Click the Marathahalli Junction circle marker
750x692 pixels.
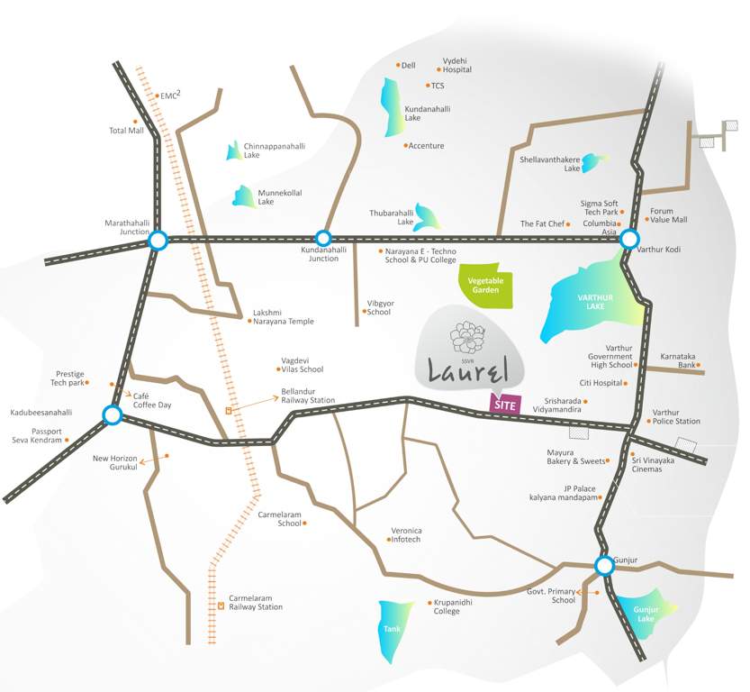tap(158, 240)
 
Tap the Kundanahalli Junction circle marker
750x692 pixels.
tap(324, 239)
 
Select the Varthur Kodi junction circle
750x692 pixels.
tap(630, 239)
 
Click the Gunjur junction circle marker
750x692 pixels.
tap(604, 565)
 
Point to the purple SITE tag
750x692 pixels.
tap(504, 405)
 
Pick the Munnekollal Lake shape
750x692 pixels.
tap(244, 196)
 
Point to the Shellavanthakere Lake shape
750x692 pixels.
tap(594, 163)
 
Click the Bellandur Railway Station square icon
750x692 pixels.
tap(229, 410)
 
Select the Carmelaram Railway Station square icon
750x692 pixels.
tap(221, 604)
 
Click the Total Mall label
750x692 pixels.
tap(126, 131)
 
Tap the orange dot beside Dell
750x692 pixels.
tap(398, 65)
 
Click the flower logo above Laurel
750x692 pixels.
tap(467, 339)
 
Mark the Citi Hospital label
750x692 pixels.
tap(601, 383)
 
